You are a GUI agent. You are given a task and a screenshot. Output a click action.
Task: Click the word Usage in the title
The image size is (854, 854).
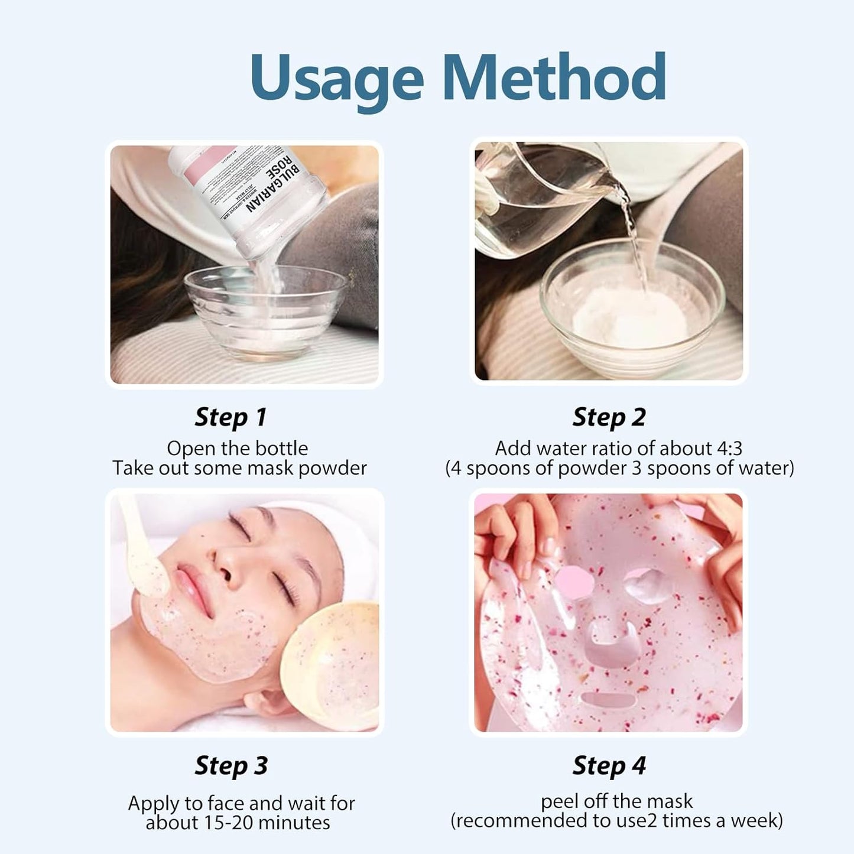pos(336,79)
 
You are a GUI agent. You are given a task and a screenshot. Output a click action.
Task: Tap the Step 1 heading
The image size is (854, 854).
pos(230,417)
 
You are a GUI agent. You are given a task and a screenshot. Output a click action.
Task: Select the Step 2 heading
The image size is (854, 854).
pos(609,417)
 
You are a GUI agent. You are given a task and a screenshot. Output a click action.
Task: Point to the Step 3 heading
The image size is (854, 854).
pos(231,765)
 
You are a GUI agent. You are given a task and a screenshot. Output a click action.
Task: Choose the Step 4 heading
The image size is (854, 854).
pos(609,765)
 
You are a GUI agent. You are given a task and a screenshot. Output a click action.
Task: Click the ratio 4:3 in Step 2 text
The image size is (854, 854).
pos(729,449)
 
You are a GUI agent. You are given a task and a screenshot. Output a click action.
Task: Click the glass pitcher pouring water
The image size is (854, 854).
pos(532,195)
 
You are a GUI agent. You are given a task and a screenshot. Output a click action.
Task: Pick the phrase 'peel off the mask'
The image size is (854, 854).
pos(616,801)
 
